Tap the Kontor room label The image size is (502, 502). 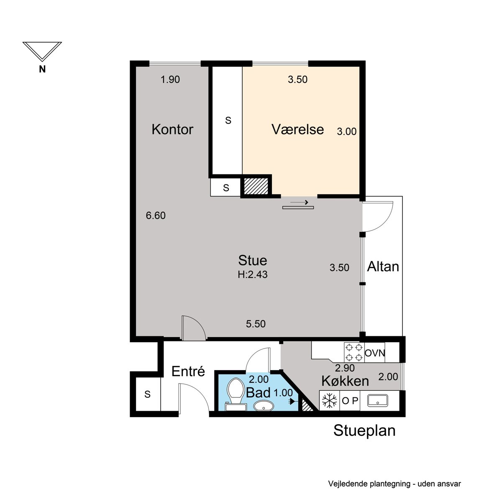pyautogui.click(x=172, y=129)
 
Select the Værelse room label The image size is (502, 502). pyautogui.click(x=297, y=129)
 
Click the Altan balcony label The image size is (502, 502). pyautogui.click(x=383, y=267)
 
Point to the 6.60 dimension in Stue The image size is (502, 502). pyautogui.click(x=156, y=215)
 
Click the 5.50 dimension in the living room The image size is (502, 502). pyautogui.click(x=256, y=324)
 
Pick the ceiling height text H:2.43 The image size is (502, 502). pyautogui.click(x=252, y=274)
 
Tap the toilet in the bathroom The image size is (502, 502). pyautogui.click(x=236, y=394)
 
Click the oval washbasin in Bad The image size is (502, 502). pyautogui.click(x=264, y=406)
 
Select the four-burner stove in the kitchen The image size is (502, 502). pyautogui.click(x=354, y=352)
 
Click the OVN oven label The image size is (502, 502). pyautogui.click(x=374, y=353)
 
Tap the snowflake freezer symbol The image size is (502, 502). pyautogui.click(x=330, y=401)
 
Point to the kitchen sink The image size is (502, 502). pyautogui.click(x=377, y=400)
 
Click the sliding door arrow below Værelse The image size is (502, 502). pyautogui.click(x=300, y=202)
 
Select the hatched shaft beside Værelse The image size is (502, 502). pyautogui.click(x=256, y=186)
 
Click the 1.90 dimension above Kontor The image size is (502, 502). pyautogui.click(x=170, y=79)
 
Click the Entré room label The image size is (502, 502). pyautogui.click(x=188, y=371)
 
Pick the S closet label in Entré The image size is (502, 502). pyautogui.click(x=147, y=394)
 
